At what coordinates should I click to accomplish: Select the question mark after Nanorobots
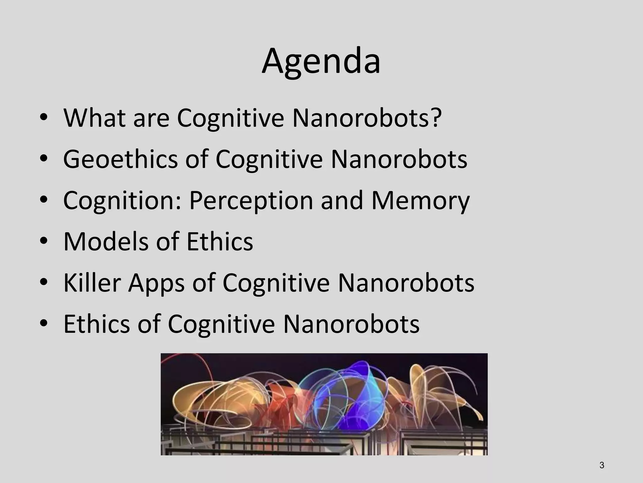pyautogui.click(x=436, y=118)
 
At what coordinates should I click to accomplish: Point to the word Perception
pyautogui.click(x=251, y=201)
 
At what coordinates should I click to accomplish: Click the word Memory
pyautogui.click(x=420, y=201)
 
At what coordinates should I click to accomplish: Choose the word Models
pyautogui.click(x=105, y=241)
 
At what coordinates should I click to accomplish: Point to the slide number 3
pyautogui.click(x=602, y=465)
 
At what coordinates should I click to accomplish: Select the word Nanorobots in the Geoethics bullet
pyautogui.click(x=399, y=159)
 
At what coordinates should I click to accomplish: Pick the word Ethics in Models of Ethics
pyautogui.click(x=219, y=241)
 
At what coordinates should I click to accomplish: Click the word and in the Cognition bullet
pyautogui.click(x=342, y=201)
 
